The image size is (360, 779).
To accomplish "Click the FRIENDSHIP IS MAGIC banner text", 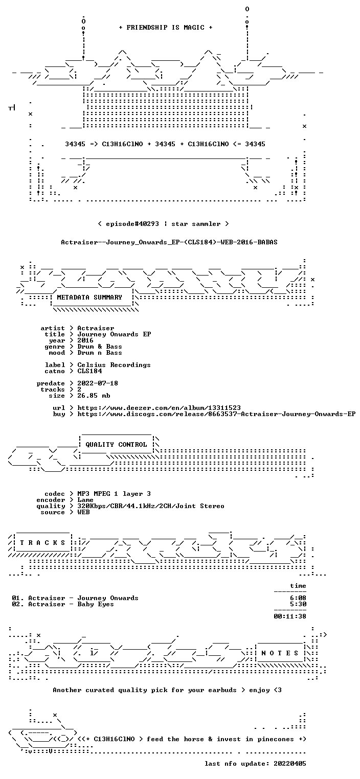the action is click(x=166, y=28).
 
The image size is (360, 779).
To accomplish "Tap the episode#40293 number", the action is click(x=132, y=224).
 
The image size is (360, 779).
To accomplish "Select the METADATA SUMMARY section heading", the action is click(x=89, y=297).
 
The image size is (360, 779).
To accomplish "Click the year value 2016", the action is click(x=85, y=340).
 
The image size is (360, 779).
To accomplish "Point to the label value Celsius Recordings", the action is click(x=114, y=365).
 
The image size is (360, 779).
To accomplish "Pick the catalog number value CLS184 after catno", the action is click(x=89, y=371).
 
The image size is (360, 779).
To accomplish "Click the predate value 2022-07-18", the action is click(x=97, y=383).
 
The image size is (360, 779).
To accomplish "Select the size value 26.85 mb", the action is click(x=94, y=396).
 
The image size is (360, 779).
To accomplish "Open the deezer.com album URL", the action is click(x=159, y=408).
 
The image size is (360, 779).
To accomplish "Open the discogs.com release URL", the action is click(x=216, y=414).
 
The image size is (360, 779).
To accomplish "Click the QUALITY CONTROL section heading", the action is click(x=116, y=444).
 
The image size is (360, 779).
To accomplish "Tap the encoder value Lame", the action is click(x=85, y=500).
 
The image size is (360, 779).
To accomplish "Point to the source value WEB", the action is click(x=83, y=512).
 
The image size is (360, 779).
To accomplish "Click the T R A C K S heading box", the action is click(x=42, y=542).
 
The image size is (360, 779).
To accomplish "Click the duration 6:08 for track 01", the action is click(x=298, y=598).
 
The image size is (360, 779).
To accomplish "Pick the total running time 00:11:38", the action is click(x=290, y=616).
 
